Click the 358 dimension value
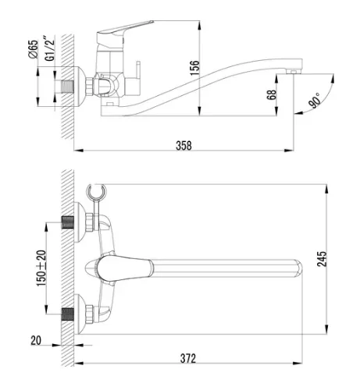[x=184, y=146]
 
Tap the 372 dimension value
[x=188, y=358]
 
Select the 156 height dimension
[x=194, y=68]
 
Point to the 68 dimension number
[x=271, y=94]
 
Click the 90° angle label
[x=315, y=100]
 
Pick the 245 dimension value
[x=322, y=259]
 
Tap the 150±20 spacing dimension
[x=41, y=268]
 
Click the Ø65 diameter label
[x=33, y=49]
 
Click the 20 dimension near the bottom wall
[x=36, y=340]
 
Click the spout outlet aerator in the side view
[x=294, y=71]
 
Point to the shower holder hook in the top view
[x=96, y=192]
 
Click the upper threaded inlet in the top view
[x=68, y=222]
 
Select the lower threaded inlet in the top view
[x=68, y=314]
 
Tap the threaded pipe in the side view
[x=68, y=87]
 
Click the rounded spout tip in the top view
[x=299, y=268]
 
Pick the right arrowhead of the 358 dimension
[x=289, y=151]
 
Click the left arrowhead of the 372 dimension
[x=79, y=363]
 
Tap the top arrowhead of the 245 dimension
[x=326, y=189]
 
